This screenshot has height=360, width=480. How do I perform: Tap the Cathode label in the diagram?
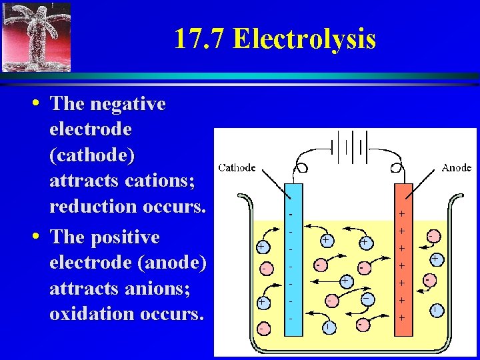[x=237, y=167]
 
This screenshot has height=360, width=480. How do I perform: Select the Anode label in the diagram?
[x=456, y=167]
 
